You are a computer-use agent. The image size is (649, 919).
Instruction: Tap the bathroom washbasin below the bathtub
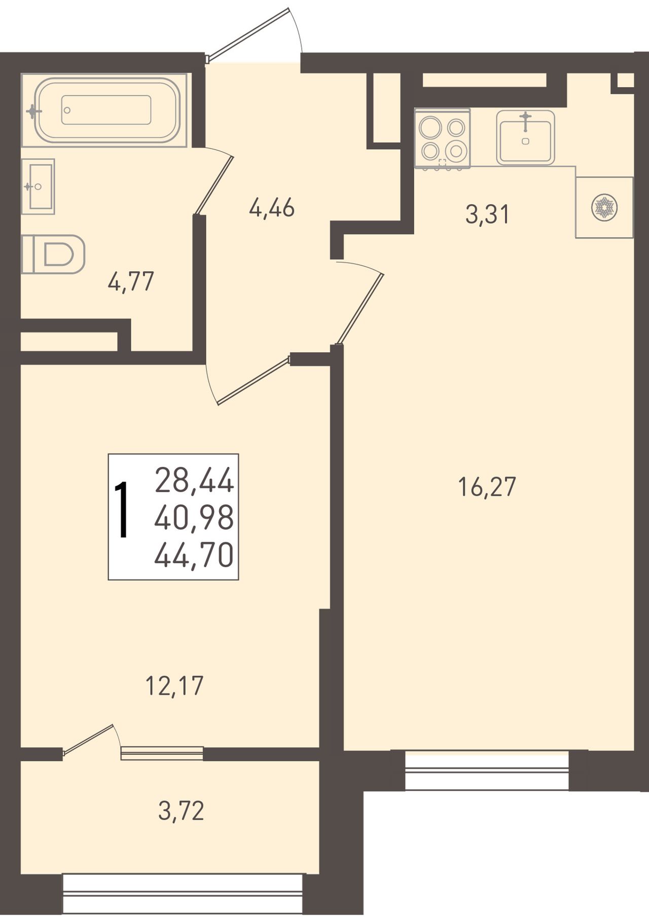[38, 186]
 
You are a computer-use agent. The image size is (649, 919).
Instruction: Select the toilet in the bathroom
[53, 254]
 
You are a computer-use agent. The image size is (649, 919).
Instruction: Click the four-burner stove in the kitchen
[442, 138]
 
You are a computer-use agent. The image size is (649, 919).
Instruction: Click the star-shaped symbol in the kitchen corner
[603, 207]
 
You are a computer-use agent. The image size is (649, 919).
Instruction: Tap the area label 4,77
[131, 282]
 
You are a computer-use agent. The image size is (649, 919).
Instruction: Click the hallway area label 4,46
[272, 208]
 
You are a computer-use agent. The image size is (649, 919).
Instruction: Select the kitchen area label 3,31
[487, 214]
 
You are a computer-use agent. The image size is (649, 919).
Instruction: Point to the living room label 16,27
[487, 487]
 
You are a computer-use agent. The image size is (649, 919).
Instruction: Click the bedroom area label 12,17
[174, 686]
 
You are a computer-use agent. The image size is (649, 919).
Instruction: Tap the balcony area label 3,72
[181, 811]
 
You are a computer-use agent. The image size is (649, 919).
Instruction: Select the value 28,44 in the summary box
[194, 481]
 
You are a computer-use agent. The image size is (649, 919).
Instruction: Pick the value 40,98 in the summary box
[194, 518]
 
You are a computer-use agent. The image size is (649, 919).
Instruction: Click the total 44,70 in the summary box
[194, 555]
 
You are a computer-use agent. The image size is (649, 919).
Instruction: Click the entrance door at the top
[248, 33]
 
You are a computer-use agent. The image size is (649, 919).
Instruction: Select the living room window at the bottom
[487, 770]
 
